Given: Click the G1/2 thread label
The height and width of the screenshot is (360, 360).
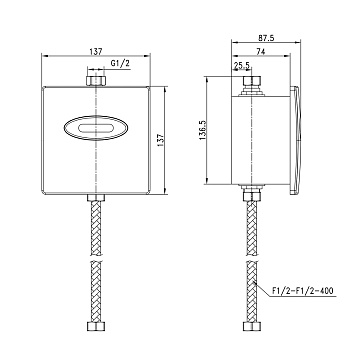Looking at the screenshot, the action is point(120,64).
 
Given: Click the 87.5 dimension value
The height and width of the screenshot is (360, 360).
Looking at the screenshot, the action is point(266,38).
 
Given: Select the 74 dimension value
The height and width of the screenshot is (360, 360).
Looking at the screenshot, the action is point(261,51).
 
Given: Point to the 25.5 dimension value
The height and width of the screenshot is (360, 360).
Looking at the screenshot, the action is point(242,66).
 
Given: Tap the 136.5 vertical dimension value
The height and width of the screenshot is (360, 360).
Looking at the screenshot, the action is point(203,130).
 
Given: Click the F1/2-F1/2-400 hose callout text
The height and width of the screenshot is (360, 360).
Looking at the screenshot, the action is point(302,290).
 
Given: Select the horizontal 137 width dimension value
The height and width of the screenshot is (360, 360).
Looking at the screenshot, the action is point(96,51).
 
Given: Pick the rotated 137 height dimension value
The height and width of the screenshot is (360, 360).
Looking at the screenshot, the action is point(161,140).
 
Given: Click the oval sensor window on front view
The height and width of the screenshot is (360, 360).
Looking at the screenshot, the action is point(96,128).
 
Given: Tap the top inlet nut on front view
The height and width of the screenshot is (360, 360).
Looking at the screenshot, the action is point(96,81).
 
